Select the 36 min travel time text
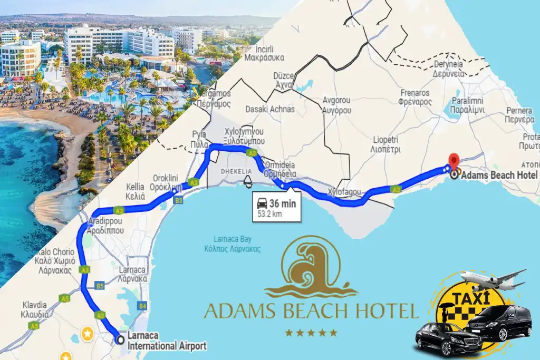(x=283, y=204)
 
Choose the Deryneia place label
(x=449, y=70)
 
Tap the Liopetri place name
(x=387, y=144)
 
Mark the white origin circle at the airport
(x=120, y=340)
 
